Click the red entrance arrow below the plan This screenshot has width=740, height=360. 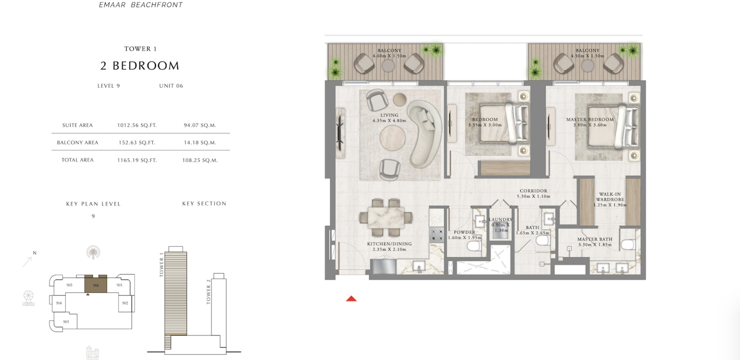(x=351, y=299)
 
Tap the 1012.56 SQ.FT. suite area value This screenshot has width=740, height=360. (x=137, y=125)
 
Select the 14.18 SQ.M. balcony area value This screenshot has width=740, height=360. (x=200, y=143)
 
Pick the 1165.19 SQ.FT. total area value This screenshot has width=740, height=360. (x=137, y=160)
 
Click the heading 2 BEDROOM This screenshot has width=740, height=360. (x=140, y=66)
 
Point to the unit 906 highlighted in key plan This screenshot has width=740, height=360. (x=96, y=284)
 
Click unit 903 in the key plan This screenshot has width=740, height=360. (x=66, y=322)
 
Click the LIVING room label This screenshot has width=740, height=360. (x=389, y=115)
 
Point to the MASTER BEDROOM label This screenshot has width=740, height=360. (x=590, y=119)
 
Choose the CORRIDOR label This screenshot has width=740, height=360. (x=533, y=191)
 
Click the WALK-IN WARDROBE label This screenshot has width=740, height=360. (x=610, y=197)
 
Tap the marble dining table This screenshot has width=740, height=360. (x=386, y=218)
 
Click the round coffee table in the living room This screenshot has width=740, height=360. (x=393, y=138)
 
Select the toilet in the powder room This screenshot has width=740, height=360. (x=474, y=246)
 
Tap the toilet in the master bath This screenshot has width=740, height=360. (x=628, y=245)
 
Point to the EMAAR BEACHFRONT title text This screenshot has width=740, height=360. (x=141, y=5)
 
